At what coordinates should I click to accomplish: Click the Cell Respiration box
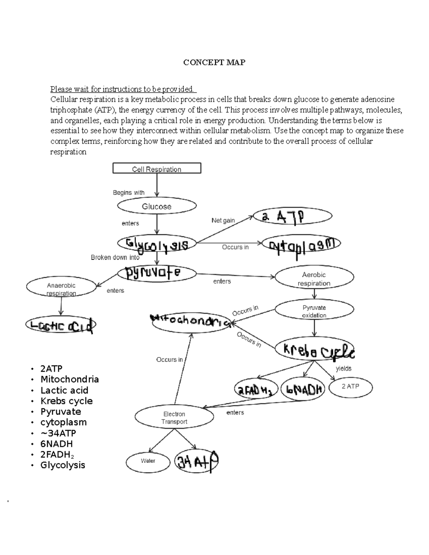pos(157,169)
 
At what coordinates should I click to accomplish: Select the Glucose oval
pos(157,206)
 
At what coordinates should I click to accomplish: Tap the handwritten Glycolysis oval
pos(157,244)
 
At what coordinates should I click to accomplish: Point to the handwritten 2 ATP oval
pos(292,216)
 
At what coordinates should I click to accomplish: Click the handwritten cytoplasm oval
pos(301,244)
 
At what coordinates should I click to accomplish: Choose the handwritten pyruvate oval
pos(157,273)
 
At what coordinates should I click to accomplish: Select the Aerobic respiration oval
pos(314,279)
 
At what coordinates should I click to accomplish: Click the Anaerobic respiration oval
pos(61,289)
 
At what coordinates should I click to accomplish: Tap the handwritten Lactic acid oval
pos(61,325)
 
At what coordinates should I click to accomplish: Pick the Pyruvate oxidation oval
pos(314,311)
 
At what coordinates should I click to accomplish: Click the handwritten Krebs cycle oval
pos(315,350)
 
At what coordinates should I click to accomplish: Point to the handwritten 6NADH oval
pos(302,389)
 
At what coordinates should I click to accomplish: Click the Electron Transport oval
pos(174,417)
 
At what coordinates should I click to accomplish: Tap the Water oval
pos(148,461)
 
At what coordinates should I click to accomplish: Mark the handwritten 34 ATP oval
pos(196,461)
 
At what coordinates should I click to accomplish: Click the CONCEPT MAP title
pos(214,63)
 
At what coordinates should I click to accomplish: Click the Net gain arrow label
pos(223,220)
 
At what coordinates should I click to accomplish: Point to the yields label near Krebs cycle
pos(344,368)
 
